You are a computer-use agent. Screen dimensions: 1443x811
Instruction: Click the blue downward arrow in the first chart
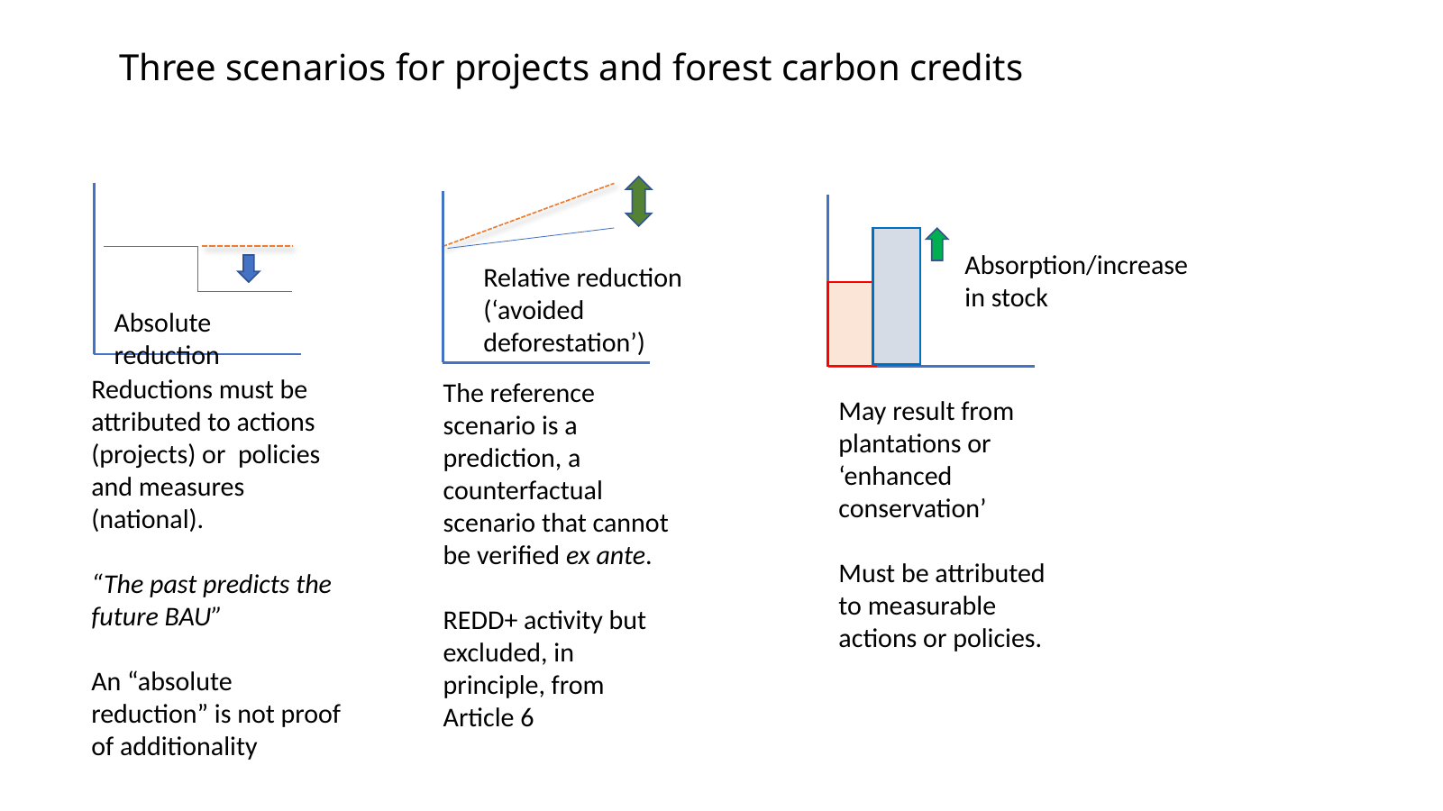[248, 268]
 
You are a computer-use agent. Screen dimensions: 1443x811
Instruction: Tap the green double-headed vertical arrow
[638, 201]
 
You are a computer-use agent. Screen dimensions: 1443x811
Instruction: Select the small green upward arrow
[937, 244]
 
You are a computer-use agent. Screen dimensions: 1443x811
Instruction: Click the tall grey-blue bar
[896, 296]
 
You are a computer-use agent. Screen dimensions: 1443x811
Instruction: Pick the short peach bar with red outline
[850, 324]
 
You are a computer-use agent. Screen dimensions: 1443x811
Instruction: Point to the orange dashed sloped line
[529, 214]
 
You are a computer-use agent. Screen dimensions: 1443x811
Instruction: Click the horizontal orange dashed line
[247, 246]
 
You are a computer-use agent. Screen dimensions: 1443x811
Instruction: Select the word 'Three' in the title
[167, 68]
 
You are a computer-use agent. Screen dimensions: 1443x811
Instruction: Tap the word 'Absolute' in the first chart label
[162, 323]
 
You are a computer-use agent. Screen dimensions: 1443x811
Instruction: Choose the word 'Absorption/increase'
[1076, 266]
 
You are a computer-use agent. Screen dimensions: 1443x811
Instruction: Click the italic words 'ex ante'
[606, 555]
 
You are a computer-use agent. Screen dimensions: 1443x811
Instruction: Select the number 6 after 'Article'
[527, 717]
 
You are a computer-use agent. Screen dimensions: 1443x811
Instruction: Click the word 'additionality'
[188, 747]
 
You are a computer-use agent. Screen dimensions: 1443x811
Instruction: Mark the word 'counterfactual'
[523, 491]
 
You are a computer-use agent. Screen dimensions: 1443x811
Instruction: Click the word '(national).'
[148, 520]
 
